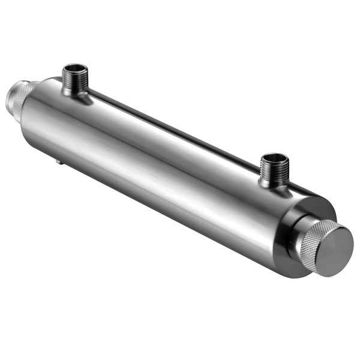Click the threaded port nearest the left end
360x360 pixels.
pyautogui.click(x=75, y=80)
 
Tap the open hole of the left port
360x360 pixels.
pyautogui.click(x=76, y=68)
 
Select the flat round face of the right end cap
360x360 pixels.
pyautogui.click(x=334, y=248)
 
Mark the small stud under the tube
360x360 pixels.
pyautogui.click(x=57, y=160)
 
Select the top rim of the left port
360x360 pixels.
pyautogui.click(x=76, y=65)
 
